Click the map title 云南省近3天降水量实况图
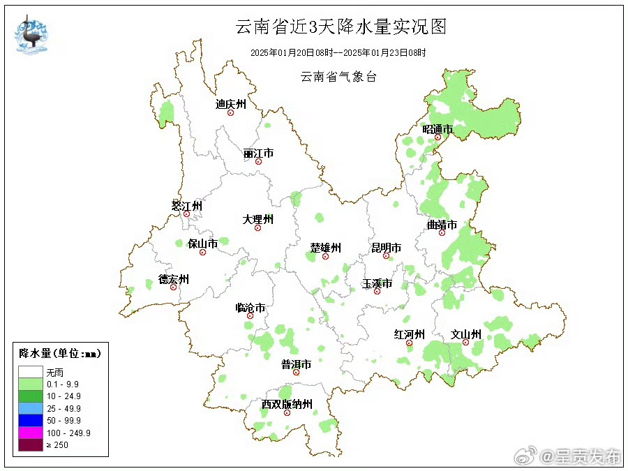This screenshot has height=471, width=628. pyautogui.click(x=340, y=27)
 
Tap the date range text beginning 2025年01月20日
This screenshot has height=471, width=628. pyautogui.click(x=338, y=52)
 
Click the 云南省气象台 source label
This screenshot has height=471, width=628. pyautogui.click(x=338, y=77)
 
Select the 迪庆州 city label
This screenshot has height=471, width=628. pyautogui.click(x=231, y=104)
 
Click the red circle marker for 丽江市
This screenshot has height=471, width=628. pyautogui.click(x=258, y=162)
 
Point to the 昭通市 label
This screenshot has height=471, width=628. pyautogui.click(x=438, y=129)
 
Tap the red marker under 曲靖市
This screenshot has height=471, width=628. pyautogui.click(x=442, y=232)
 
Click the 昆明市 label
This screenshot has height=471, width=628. pyautogui.click(x=386, y=248)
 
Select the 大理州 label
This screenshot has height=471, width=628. pyautogui.click(x=257, y=219)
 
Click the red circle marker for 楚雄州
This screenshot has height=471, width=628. pyautogui.click(x=325, y=257)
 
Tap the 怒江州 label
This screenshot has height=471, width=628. pyautogui.click(x=186, y=206)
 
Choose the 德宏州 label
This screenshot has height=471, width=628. pyautogui.click(x=173, y=279)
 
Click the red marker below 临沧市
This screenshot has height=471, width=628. pyautogui.click(x=250, y=316)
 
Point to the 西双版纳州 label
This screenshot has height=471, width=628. pyautogui.click(x=287, y=404)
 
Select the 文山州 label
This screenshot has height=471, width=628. pyautogui.click(x=465, y=334)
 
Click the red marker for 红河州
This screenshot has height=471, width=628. pyautogui.click(x=410, y=343)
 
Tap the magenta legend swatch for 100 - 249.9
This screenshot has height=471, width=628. pyautogui.click(x=30, y=433)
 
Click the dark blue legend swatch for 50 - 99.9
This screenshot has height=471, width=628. pyautogui.click(x=30, y=420)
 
